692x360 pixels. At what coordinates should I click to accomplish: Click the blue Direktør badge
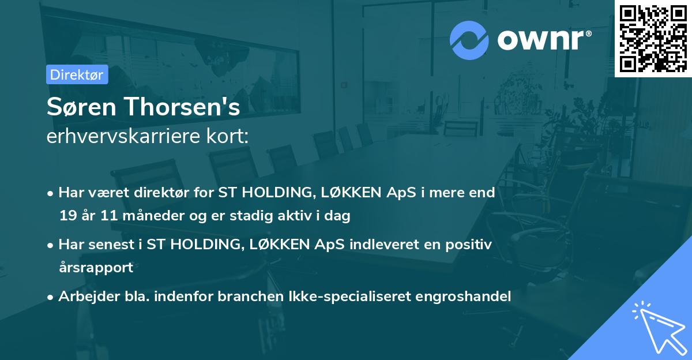pyautogui.click(x=77, y=74)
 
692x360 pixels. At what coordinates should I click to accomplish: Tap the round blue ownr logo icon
pyautogui.click(x=469, y=40)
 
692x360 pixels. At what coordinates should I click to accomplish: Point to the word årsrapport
pyautogui.click(x=96, y=268)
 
